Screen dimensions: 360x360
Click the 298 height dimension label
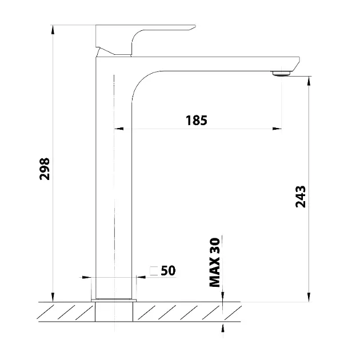(x=45, y=169)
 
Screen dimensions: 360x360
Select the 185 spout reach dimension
(x=197, y=121)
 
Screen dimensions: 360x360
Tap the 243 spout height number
(x=301, y=197)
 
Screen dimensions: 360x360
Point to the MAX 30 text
(x=215, y=262)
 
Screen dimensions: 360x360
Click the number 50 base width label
(x=168, y=270)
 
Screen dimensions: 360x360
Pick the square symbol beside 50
(x=154, y=271)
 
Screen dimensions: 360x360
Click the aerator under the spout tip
(x=282, y=74)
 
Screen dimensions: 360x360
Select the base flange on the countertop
(x=114, y=301)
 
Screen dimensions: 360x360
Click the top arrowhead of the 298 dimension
(x=53, y=29)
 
